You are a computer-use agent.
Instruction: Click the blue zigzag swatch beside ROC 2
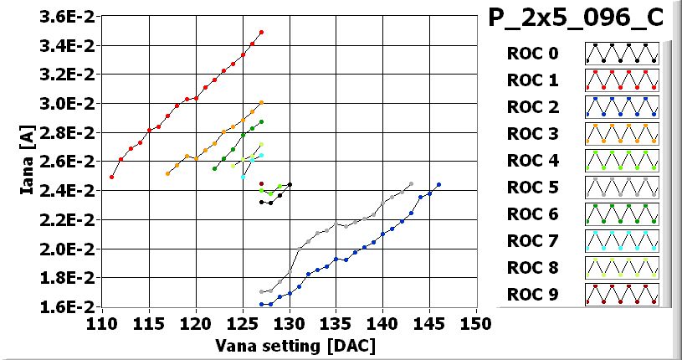pyautogui.click(x=622, y=107)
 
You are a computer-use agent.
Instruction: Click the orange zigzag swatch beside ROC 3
pyautogui.click(x=622, y=134)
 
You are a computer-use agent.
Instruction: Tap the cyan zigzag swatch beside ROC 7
pyautogui.click(x=622, y=241)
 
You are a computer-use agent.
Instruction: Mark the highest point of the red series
pyautogui.click(x=262, y=32)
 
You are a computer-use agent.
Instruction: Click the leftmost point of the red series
pyautogui.click(x=112, y=177)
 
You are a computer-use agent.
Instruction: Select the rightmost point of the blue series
pyautogui.click(x=438, y=185)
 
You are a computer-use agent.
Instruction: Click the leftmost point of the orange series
pyautogui.click(x=168, y=173)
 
